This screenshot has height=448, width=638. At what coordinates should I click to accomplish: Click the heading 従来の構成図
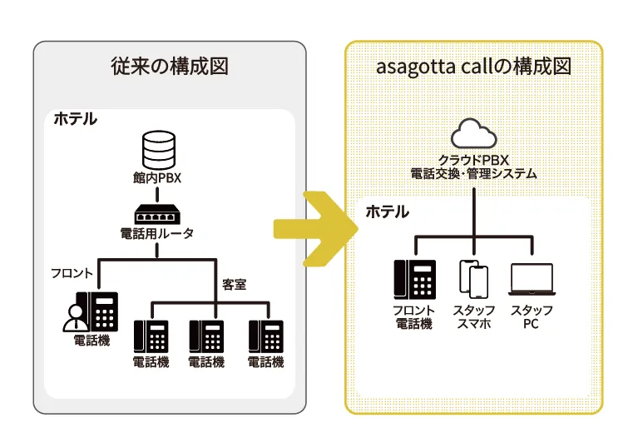[x=169, y=67]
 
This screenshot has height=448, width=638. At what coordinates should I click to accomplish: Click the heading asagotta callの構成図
[x=472, y=67]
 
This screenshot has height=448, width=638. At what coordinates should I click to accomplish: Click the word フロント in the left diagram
[x=72, y=273]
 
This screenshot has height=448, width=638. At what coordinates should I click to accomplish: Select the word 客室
[x=234, y=284]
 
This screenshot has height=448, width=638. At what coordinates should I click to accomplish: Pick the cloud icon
[x=473, y=135]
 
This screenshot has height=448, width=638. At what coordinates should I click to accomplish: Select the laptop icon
[x=531, y=281]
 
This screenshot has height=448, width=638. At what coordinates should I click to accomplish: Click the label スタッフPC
[x=531, y=316]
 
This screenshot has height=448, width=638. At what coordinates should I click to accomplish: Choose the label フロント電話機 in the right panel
[x=413, y=316]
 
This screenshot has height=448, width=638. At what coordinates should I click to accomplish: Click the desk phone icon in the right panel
[x=414, y=279]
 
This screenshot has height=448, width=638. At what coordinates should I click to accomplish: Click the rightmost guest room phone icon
[x=266, y=336]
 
